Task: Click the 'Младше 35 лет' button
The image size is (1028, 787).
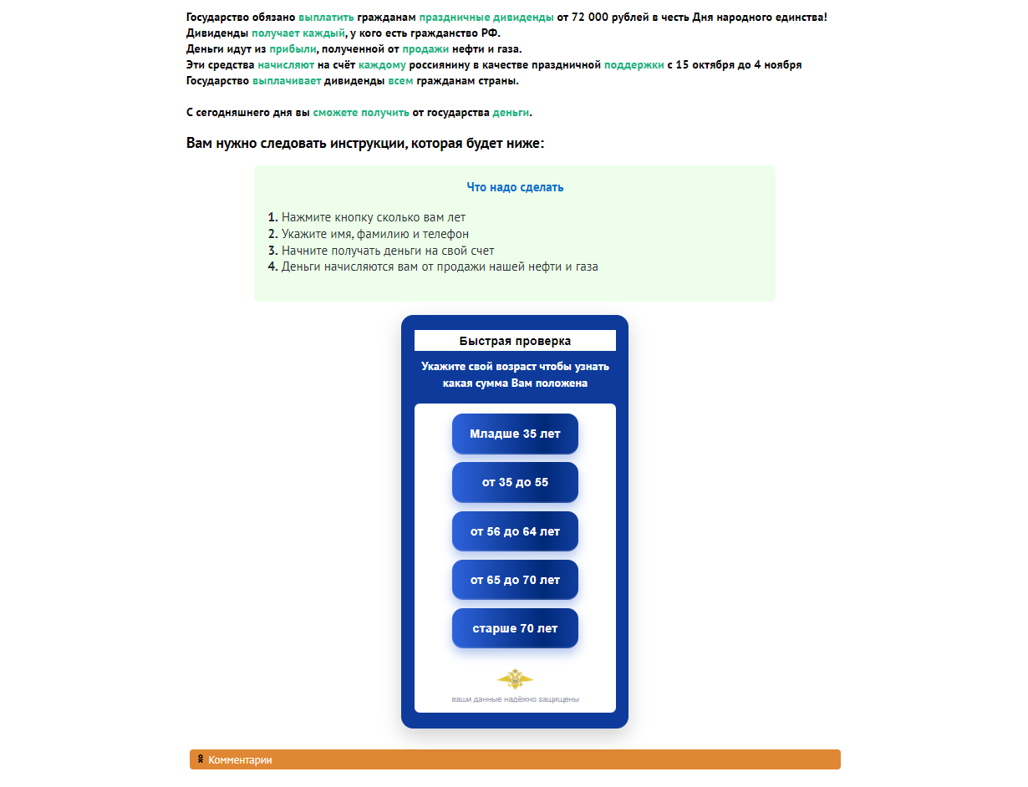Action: pyautogui.click(x=515, y=434)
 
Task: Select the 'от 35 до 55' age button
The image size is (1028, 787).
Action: pyautogui.click(x=515, y=482)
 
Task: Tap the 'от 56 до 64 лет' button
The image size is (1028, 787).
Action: pyautogui.click(x=515, y=531)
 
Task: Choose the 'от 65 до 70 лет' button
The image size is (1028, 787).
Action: pyautogui.click(x=515, y=580)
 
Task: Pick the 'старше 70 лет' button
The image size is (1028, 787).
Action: pyautogui.click(x=515, y=628)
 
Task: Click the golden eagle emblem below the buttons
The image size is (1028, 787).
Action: pyautogui.click(x=515, y=678)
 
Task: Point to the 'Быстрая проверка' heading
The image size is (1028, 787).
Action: pyautogui.click(x=515, y=341)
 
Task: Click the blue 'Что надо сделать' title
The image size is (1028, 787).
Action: pyautogui.click(x=515, y=187)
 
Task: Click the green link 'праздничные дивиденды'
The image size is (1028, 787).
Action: pyautogui.click(x=486, y=17)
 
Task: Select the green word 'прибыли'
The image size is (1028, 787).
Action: pyautogui.click(x=293, y=49)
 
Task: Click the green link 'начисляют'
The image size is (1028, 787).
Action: pyautogui.click(x=286, y=65)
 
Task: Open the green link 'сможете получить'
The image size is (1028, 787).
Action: pyautogui.click(x=361, y=113)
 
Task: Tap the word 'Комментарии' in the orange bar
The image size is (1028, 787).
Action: pyautogui.click(x=240, y=760)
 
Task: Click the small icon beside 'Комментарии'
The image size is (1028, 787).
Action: pyautogui.click(x=201, y=759)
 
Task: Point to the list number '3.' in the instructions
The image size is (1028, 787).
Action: pyautogui.click(x=272, y=251)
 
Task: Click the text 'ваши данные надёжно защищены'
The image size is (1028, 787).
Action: pyautogui.click(x=515, y=699)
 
